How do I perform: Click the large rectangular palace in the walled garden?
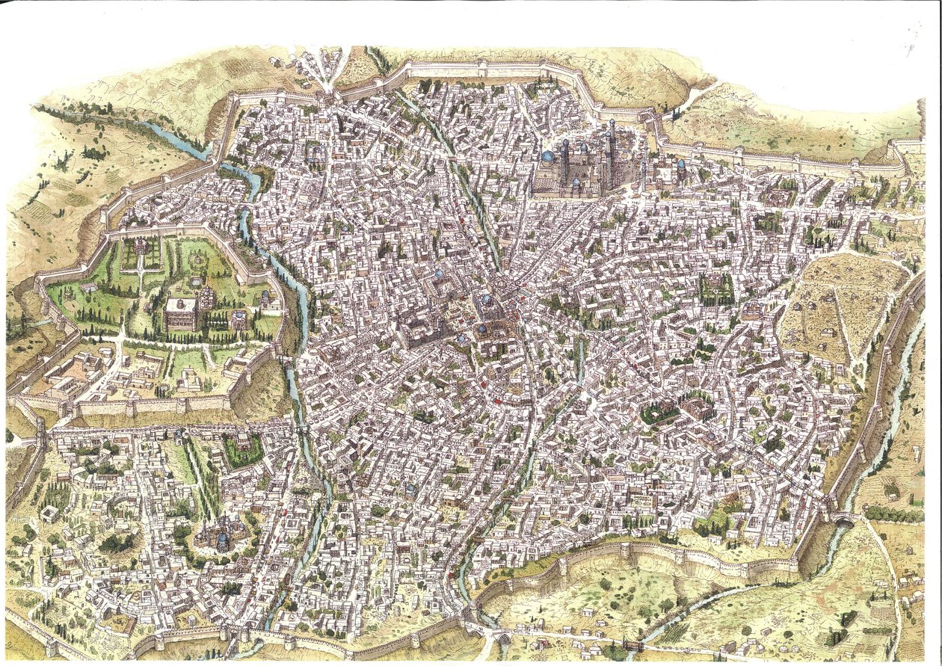tap(182, 314)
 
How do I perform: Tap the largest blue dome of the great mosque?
tap(548, 157)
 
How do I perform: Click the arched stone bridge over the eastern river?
tap(843, 518)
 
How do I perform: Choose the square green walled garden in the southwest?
tap(243, 451)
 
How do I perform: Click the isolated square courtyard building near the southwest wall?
tap(50, 514)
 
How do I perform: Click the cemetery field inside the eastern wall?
tap(837, 306)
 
